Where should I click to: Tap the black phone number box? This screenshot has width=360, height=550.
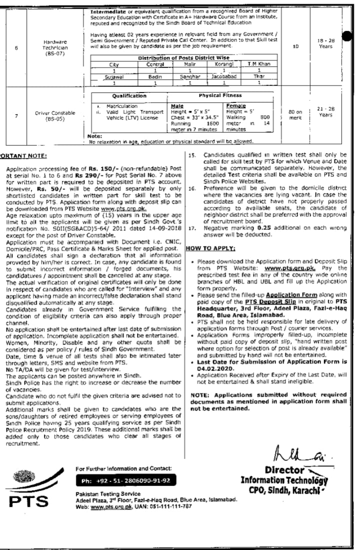(125, 480)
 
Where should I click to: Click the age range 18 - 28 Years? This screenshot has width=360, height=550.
(325, 43)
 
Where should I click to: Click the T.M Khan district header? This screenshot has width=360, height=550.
(258, 64)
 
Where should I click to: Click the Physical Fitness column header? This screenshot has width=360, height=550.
(220, 95)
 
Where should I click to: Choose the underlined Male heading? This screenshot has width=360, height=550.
(177, 106)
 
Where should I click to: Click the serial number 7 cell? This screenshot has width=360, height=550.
(16, 116)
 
